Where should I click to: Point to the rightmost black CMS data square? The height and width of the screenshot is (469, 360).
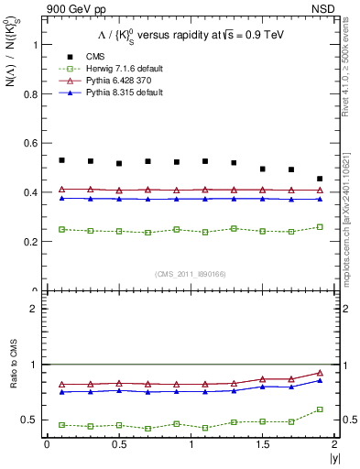(320, 179)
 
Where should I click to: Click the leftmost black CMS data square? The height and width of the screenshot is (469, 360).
(61, 160)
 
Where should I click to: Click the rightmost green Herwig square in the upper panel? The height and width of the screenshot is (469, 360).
(320, 226)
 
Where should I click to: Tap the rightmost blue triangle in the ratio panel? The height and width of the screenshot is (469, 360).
(320, 380)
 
